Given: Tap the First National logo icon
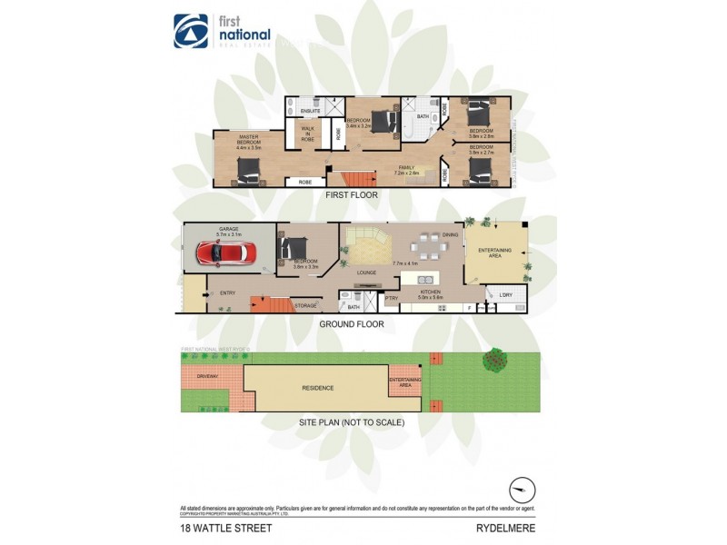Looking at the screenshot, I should pyautogui.click(x=191, y=31).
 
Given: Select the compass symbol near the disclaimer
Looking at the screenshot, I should pyautogui.click(x=519, y=489).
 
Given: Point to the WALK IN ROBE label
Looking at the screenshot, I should pyautogui.click(x=308, y=134).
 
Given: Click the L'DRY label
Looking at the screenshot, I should pyautogui.click(x=506, y=293).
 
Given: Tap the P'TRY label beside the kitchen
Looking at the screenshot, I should pyautogui.click(x=392, y=298).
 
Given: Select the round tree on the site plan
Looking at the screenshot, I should pyautogui.click(x=495, y=360).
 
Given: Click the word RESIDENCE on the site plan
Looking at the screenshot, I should pyautogui.click(x=318, y=388).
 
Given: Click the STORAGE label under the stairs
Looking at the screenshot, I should pyautogui.click(x=305, y=306).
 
